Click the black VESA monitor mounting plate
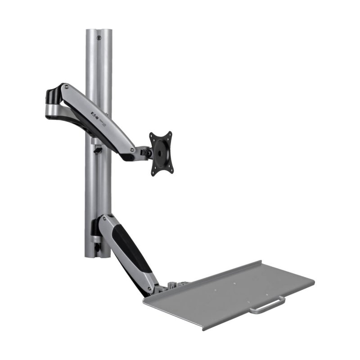click(161, 153)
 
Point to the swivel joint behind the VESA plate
click(146, 153)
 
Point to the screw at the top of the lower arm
click(104, 218)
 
